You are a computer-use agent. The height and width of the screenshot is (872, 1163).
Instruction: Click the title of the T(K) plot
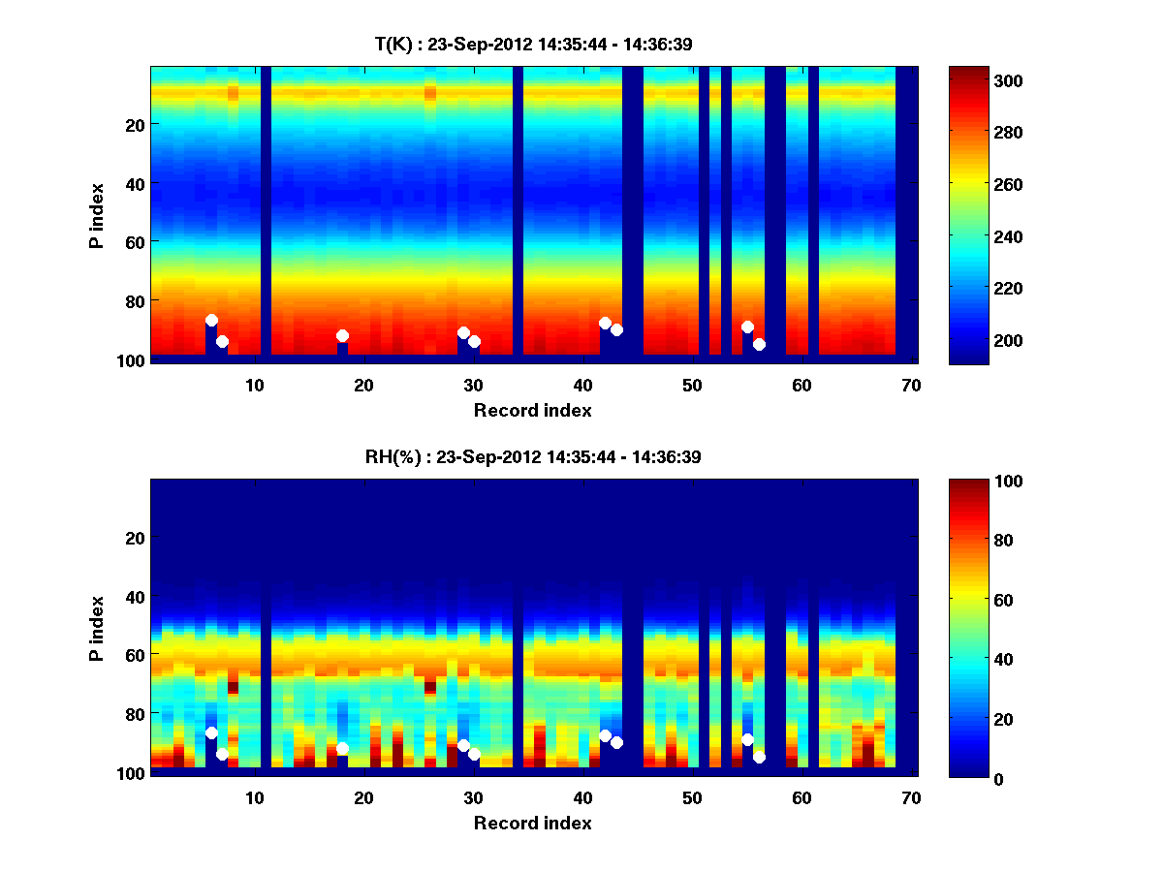533,44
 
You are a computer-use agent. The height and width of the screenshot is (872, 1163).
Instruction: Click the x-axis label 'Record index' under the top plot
532,410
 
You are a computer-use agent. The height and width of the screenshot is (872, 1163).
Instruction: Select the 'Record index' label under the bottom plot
532,823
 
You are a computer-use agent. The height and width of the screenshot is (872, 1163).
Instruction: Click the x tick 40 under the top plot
582,385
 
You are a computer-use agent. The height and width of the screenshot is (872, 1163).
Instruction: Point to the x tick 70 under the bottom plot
911,797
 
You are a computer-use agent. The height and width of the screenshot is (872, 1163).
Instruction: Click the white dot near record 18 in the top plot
342,335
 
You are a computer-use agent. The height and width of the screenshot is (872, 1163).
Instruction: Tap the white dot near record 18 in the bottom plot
342,749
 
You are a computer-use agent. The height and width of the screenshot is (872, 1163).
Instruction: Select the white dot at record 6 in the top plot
211,320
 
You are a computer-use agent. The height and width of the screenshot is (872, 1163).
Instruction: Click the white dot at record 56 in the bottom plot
759,757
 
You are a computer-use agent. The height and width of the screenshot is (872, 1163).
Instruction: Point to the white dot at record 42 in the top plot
605,323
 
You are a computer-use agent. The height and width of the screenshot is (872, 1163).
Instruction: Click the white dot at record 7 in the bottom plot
222,754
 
